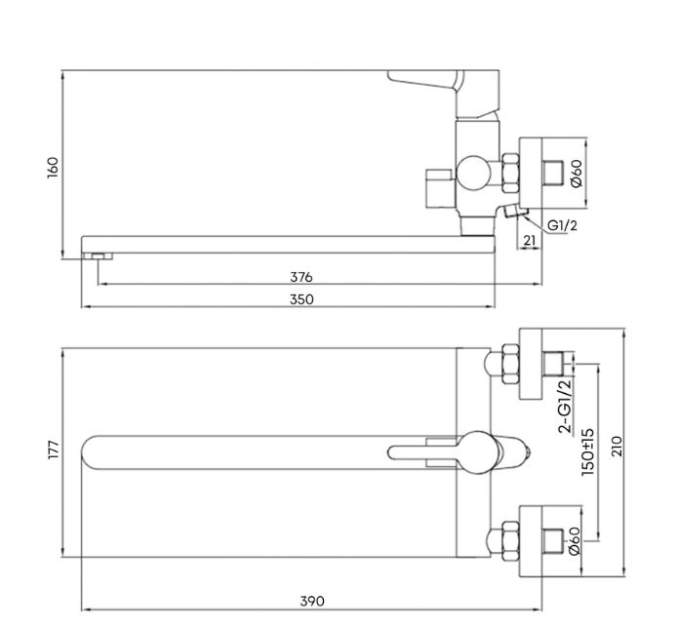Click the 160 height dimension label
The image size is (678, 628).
point(53,168)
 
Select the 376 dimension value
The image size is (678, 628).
point(300,277)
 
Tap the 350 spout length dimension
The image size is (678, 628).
point(301,299)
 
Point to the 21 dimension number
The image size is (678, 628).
point(530,240)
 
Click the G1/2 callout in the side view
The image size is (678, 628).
point(562,225)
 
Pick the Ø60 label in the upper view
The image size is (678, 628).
point(577,174)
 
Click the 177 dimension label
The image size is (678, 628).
point(53,450)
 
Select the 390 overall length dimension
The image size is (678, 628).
point(312,602)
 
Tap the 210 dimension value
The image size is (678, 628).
point(618,446)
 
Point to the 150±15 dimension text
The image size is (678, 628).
point(588,452)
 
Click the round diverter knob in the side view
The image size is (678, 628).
point(474,173)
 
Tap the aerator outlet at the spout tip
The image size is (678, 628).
point(99,256)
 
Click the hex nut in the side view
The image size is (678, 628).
point(510,173)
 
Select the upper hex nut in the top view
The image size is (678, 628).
point(510,364)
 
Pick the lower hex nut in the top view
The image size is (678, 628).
point(510,541)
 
